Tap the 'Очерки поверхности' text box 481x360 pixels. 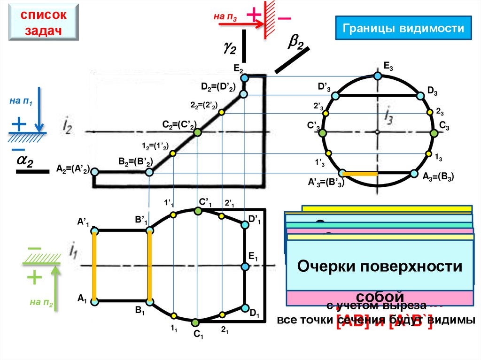(380, 267)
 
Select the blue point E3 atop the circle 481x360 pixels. (378, 75)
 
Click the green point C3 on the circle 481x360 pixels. (434, 133)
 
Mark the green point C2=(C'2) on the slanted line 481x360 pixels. (197, 132)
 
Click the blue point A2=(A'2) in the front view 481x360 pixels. (94, 172)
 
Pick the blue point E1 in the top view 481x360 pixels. (245, 267)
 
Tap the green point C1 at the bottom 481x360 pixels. (196, 322)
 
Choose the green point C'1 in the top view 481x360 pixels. (198, 211)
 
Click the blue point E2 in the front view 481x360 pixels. (244, 78)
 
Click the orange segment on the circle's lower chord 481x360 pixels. (360, 174)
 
